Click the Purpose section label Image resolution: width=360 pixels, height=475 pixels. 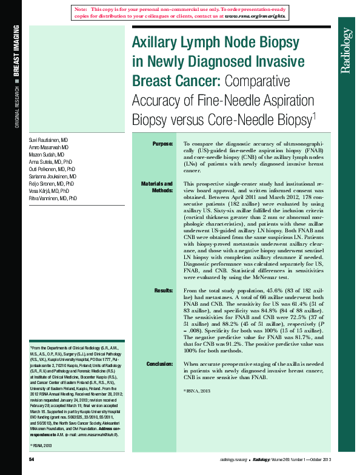162,143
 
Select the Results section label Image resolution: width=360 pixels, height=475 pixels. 164,291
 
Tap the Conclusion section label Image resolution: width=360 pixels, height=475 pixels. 159,364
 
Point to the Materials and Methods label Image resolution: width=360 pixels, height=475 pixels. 157,186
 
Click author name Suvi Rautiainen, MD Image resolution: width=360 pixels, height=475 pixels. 48,140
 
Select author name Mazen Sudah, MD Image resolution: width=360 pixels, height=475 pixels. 45,155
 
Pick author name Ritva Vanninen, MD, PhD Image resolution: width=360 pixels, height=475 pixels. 53,198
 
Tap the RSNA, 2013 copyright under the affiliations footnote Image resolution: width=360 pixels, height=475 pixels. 42,446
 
